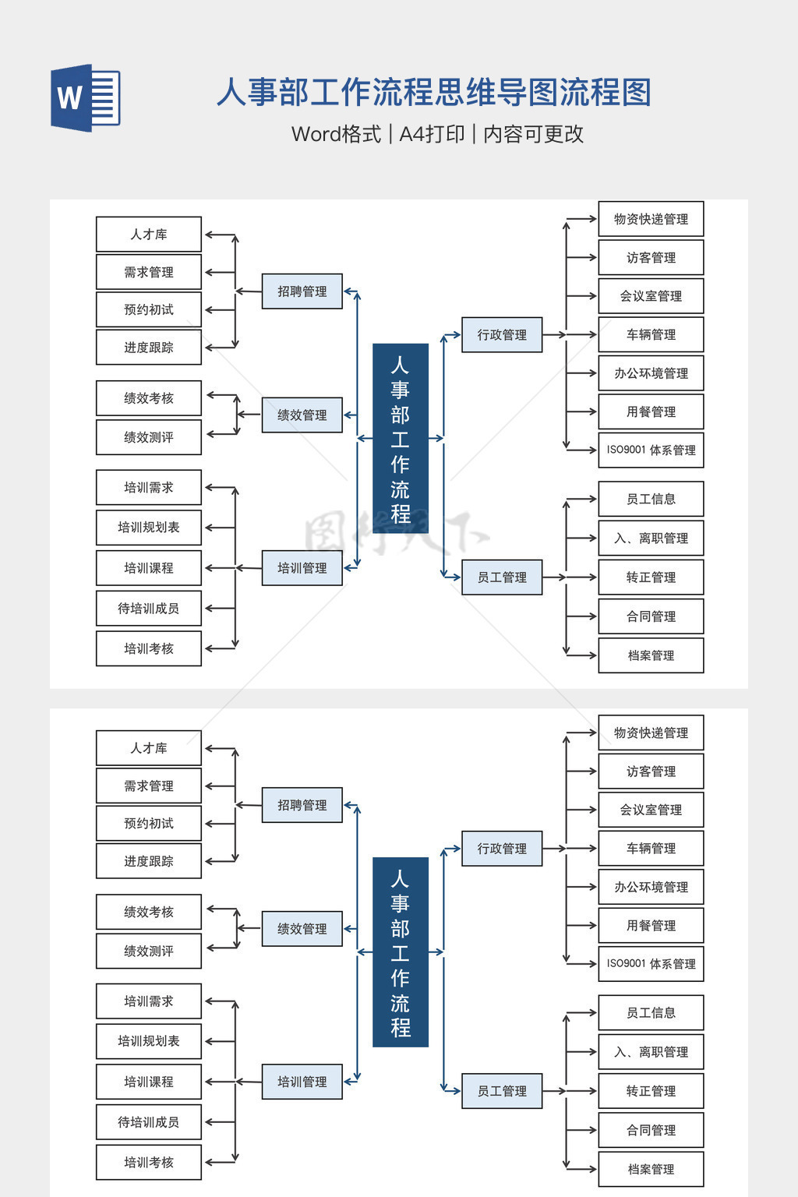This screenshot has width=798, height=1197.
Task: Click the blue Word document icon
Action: pos(85,98)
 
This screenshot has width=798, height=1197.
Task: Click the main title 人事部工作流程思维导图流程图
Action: pos(433,93)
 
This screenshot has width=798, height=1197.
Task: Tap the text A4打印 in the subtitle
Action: pos(432,134)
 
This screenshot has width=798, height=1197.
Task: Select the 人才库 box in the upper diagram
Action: pos(149,235)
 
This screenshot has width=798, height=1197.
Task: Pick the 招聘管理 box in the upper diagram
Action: pos(302,291)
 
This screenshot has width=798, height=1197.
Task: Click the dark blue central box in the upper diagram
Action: pos(401,438)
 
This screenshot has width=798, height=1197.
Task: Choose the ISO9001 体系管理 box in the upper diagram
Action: pos(651,450)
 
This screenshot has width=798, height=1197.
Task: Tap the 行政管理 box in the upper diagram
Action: pos(502,335)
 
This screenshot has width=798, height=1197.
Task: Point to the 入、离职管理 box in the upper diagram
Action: pos(651,538)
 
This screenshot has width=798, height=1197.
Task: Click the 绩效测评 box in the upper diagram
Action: pos(149,437)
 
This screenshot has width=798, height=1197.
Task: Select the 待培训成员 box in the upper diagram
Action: pos(149,609)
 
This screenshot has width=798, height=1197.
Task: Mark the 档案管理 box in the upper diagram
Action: pos(651,655)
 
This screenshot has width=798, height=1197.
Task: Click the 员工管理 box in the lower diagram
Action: pos(502,1091)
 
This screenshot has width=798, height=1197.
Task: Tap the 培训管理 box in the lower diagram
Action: pos(302,1082)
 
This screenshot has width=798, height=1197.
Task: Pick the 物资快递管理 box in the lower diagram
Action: pos(651,733)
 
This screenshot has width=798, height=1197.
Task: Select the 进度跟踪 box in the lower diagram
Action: pos(149,861)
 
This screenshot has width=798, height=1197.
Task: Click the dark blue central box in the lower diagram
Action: pos(401,952)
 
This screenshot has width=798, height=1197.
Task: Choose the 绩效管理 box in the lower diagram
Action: pos(302,929)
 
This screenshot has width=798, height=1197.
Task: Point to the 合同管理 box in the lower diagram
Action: pos(651,1130)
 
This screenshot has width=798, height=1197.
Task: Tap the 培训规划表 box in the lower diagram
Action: pos(149,1041)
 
